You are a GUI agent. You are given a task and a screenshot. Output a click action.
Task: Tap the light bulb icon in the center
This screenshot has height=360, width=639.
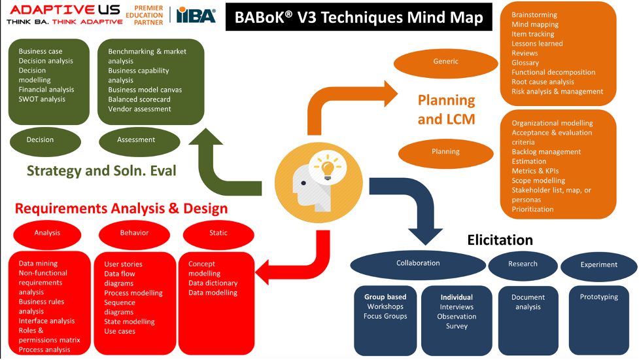point(329,166)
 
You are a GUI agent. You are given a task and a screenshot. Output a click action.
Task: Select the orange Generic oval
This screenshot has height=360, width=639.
point(445,62)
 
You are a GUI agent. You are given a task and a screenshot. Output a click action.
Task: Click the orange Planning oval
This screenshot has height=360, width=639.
point(445,152)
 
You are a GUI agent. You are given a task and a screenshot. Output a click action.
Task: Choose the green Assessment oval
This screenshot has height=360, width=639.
point(136,140)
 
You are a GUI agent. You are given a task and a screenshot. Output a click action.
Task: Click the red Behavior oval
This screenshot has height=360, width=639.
point(134,233)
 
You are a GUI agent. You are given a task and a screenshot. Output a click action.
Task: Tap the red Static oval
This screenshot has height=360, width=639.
point(218,233)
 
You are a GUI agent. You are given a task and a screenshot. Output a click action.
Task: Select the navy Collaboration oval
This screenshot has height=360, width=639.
point(418,264)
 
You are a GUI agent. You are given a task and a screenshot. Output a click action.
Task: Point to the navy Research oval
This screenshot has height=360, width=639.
point(523,264)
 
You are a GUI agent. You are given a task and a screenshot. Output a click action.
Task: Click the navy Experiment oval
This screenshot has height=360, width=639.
point(598,265)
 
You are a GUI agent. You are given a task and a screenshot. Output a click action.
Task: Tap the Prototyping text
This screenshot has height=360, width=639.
point(598,297)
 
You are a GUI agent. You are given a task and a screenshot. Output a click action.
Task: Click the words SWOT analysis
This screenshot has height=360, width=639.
point(42,99)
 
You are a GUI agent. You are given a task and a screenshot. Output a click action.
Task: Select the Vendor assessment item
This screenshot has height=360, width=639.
point(139,109)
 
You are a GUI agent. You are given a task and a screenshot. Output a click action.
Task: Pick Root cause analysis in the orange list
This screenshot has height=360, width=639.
point(542,82)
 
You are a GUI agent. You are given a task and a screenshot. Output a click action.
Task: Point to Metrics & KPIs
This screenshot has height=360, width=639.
point(535,171)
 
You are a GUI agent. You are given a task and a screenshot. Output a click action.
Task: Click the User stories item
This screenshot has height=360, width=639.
point(123,264)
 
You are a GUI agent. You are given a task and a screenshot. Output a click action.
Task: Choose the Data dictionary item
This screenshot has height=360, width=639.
point(213,283)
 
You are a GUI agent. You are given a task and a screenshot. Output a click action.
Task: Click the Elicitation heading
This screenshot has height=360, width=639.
point(500,240)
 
